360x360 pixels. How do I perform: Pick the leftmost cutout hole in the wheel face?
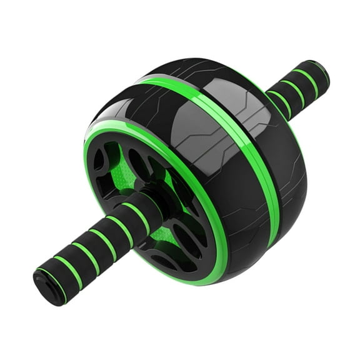point(99,160)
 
